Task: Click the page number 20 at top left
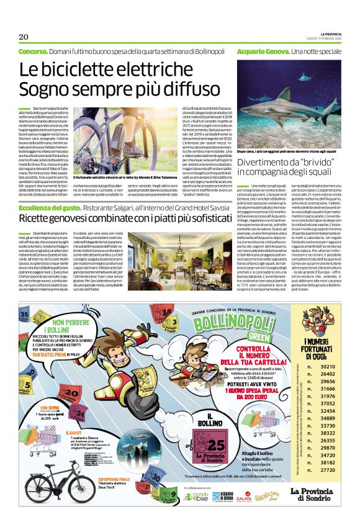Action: pyautogui.click(x=24, y=36)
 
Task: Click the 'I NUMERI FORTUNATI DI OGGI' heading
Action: pyautogui.click(x=322, y=344)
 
